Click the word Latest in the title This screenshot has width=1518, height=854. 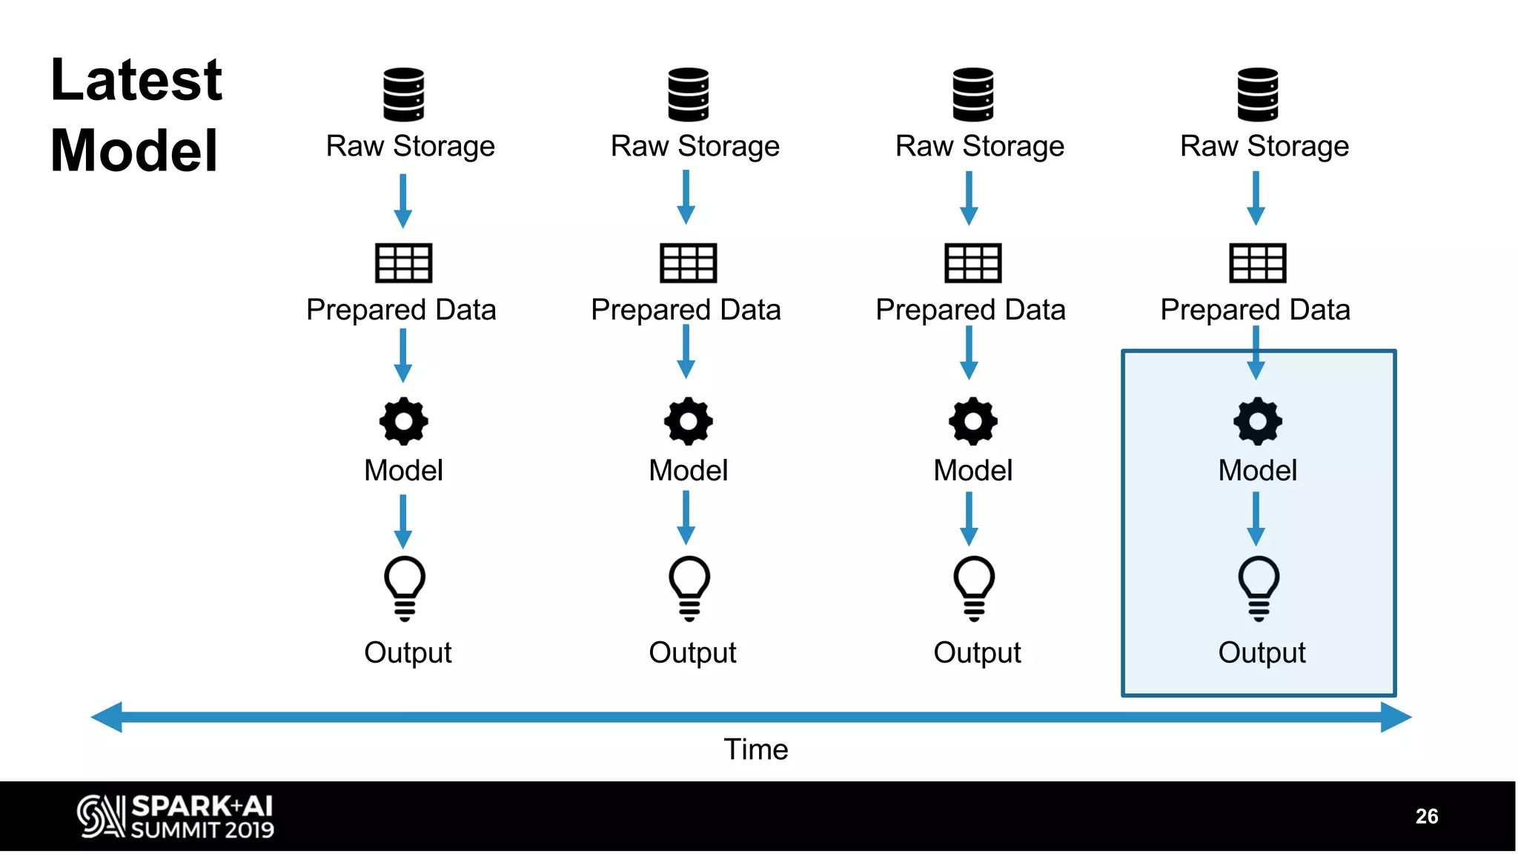coord(136,80)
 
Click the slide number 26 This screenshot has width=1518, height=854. coord(1426,816)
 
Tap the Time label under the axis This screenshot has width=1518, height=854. coord(755,749)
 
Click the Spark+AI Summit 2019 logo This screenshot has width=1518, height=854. coord(176,816)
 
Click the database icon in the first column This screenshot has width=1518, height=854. coord(403,94)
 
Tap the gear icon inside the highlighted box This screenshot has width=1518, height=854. coord(1257,421)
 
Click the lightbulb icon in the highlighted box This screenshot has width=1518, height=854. coord(1258,587)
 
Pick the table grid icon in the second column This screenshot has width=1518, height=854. coord(688,262)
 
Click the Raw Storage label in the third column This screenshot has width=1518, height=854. coord(979,146)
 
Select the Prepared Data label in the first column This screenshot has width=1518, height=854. coord(401,310)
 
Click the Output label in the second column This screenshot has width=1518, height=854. coord(692,653)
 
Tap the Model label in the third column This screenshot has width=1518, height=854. coord(972,471)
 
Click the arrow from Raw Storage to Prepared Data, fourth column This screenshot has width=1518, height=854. coord(1256,199)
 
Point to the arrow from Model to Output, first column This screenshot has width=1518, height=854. coord(402,521)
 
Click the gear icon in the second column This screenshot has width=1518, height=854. coord(688,421)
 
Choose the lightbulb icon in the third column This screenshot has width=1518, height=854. coord(973,587)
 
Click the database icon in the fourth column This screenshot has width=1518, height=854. coord(1257,94)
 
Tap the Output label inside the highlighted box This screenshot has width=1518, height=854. coord(1262,653)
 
